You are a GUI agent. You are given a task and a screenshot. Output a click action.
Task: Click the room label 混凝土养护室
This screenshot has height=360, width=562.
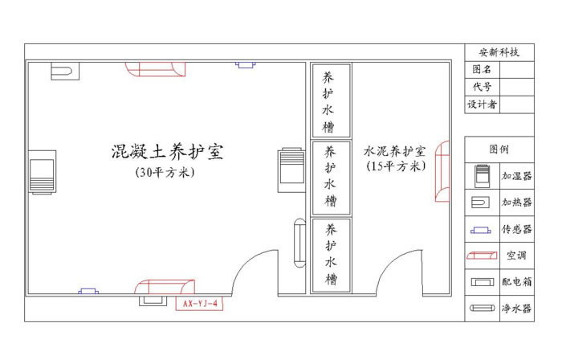coord(167,151)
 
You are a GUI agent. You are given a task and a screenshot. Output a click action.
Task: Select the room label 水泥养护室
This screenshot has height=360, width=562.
coord(394,150)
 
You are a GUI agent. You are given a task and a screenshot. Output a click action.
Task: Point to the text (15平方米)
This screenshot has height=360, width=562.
coord(394,166)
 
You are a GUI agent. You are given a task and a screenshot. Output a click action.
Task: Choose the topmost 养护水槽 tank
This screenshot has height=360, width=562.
coord(331,102)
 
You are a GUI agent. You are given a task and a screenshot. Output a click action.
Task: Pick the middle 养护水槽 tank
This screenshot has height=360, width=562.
coord(331,176)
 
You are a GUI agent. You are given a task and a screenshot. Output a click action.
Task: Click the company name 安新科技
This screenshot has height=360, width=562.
coord(499,52)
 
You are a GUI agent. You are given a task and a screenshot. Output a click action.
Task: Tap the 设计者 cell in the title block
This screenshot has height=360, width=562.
coord(482,104)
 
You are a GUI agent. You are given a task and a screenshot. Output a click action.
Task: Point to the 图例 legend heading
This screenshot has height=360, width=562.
coord(499,149)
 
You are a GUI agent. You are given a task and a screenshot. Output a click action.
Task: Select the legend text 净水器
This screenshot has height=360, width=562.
coord(516,308)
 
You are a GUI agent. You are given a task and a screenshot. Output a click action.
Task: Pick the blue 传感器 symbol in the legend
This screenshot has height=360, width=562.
coord(482,229)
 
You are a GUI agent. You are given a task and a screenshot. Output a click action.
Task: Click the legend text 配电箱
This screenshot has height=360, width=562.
coord(516,282)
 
